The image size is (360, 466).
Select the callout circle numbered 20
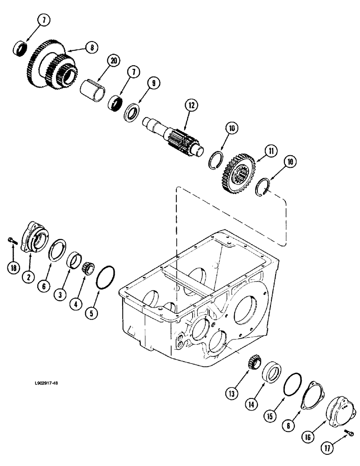pyautogui.click(x=113, y=61)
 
